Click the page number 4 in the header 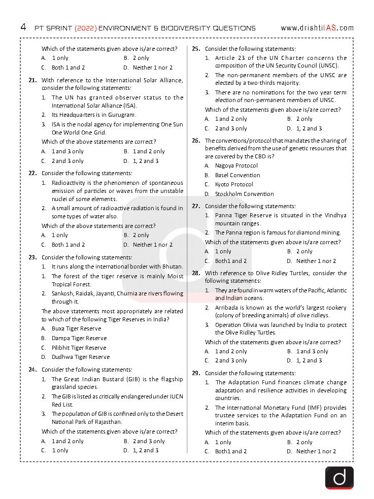[23, 27]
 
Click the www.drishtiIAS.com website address [317, 28]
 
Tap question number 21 [32, 80]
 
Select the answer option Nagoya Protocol [236, 165]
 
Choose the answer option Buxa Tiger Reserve [76, 328]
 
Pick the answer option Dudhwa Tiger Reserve [80, 357]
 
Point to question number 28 [196, 273]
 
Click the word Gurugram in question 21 [122, 115]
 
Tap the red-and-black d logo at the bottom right [339, 478]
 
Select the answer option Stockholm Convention [244, 194]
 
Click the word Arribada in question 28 [227, 308]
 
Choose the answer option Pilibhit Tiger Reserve [79, 348]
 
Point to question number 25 [196, 49]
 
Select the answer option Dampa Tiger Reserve [79, 338]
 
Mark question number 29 [196, 373]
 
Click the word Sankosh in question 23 [63, 293]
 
